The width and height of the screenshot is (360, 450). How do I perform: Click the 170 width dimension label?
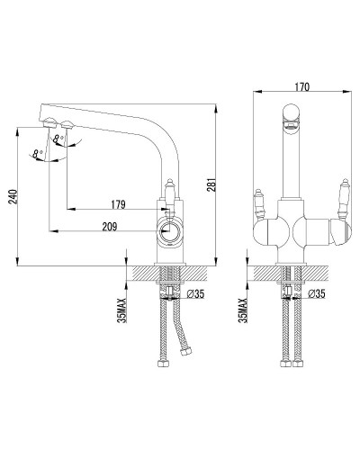coord(301,87)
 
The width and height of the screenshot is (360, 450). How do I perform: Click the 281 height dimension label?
coord(211,184)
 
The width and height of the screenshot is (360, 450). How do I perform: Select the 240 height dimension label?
coord(13,196)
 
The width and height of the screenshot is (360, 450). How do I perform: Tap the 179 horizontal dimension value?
coord(118,204)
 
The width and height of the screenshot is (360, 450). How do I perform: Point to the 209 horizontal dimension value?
coord(110,227)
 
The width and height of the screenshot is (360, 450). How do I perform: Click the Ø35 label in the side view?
coord(195,294)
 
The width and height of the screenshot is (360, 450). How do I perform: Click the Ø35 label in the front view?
coord(317,293)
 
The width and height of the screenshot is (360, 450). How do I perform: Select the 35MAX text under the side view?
coord(122,310)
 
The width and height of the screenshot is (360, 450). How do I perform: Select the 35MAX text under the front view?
coord(243,310)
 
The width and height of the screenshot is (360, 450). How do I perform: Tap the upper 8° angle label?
coord(58,139)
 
